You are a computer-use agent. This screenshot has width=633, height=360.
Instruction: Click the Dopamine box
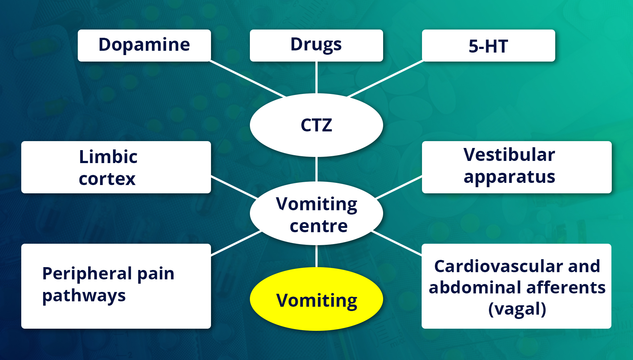pyautogui.click(x=144, y=45)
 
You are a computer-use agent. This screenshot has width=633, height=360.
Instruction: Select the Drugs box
pyautogui.click(x=316, y=45)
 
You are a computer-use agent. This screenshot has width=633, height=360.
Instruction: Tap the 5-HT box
pyautogui.click(x=488, y=46)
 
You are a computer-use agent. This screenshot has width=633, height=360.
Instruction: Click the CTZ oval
pyautogui.click(x=316, y=125)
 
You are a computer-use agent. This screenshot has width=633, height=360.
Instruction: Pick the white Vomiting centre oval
pyautogui.click(x=316, y=214)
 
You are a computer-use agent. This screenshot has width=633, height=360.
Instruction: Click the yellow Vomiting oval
pyautogui.click(x=316, y=300)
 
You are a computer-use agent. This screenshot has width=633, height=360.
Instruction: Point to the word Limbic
pyautogui.click(x=108, y=157)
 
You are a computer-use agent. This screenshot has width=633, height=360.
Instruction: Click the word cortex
pyautogui.click(x=107, y=179)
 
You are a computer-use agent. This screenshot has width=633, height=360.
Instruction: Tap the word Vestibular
pyautogui.click(x=509, y=155)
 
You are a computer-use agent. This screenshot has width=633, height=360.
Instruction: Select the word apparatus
pyautogui.click(x=509, y=177)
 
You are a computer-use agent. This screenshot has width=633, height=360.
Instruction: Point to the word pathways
pyautogui.click(x=84, y=296)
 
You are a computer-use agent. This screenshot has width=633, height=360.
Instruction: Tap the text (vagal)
pyautogui.click(x=517, y=309)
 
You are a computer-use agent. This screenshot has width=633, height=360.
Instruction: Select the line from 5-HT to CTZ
pyautogui.click(x=385, y=79)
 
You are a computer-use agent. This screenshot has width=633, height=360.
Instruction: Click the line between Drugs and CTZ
pyautogui.click(x=316, y=77)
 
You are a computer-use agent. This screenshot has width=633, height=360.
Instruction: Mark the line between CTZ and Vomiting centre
pyautogui.click(x=316, y=169)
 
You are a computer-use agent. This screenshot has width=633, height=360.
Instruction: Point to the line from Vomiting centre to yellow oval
pyautogui.click(x=316, y=256)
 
